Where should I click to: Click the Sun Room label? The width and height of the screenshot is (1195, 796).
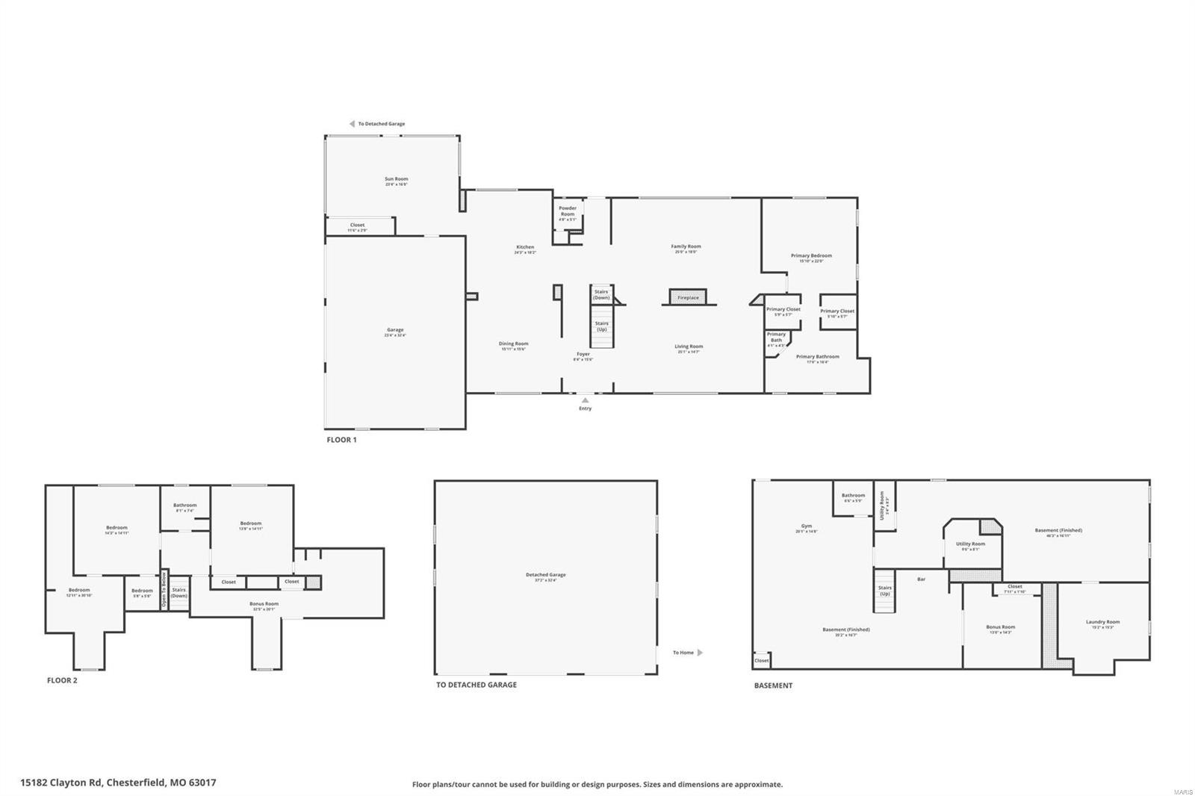point(396,180)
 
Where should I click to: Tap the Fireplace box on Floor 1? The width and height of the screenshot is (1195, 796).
point(688,297)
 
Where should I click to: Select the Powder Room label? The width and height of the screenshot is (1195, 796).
point(568,211)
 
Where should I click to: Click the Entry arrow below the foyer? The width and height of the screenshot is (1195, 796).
point(585,401)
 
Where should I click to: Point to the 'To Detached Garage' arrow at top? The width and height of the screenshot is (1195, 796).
point(352,124)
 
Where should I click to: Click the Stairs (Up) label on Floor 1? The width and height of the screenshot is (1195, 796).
point(601,326)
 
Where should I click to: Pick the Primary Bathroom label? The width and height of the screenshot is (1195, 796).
point(817,358)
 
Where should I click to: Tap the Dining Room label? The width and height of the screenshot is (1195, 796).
point(513,345)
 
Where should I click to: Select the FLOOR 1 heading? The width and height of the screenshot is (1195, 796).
point(341,440)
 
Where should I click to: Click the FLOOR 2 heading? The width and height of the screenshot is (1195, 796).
point(62,680)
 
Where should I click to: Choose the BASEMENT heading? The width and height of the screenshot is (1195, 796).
point(773,685)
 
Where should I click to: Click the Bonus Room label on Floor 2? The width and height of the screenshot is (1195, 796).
point(264,605)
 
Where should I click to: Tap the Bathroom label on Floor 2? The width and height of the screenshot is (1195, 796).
point(184,506)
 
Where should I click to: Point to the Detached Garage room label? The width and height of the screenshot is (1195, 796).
point(545,576)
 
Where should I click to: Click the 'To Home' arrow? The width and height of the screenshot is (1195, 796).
point(700,653)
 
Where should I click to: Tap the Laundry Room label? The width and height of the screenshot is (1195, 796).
point(1102,623)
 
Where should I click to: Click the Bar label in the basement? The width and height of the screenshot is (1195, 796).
point(921,579)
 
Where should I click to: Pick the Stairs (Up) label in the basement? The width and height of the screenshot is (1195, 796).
point(884,590)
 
